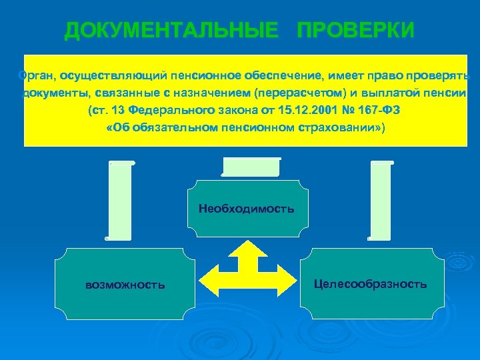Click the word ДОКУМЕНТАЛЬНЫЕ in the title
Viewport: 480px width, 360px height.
click(171, 31)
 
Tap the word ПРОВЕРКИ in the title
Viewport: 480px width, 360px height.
click(355, 31)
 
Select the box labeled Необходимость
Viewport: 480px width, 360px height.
click(246, 209)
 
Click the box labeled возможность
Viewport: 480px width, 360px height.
click(125, 285)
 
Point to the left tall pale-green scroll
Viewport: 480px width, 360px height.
click(120, 200)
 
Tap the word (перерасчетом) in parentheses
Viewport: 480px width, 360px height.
click(299, 93)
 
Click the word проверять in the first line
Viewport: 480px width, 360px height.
click(443, 75)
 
